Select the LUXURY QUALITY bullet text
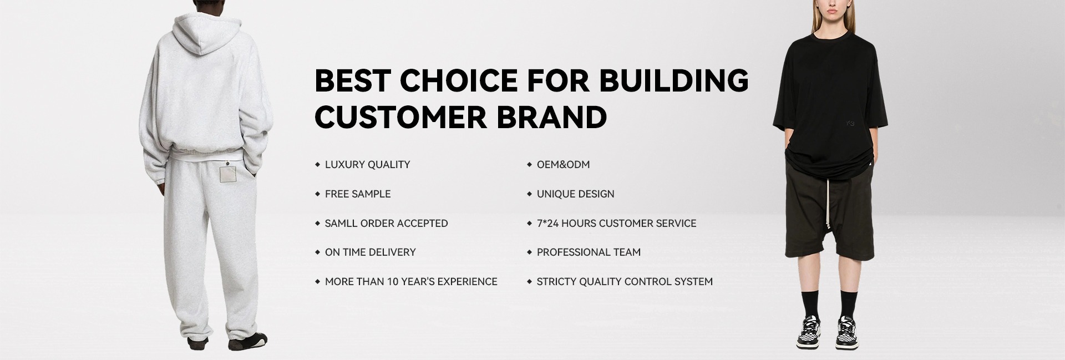coord(367,165)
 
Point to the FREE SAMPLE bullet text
coord(358,194)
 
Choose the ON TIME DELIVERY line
coord(370,252)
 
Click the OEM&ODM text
coord(563,165)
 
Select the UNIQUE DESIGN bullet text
coord(575,194)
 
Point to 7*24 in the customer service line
coord(548,224)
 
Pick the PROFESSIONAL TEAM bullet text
coord(589,252)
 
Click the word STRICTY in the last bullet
coord(556,282)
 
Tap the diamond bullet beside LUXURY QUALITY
coord(318,165)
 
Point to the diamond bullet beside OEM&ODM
coord(530,165)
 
